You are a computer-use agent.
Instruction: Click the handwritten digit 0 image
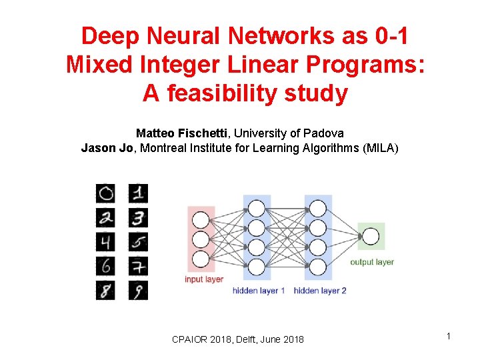[x=105, y=193]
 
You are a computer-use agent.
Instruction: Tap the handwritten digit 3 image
[x=138, y=217]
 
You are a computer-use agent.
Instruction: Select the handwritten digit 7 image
[x=138, y=266]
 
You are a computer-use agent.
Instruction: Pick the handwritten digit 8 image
[x=105, y=290]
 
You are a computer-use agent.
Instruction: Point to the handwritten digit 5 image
[x=138, y=241]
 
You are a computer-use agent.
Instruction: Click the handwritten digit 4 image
[x=105, y=241]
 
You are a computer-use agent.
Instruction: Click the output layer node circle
[x=371, y=237]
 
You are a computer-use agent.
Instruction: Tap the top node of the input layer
[x=200, y=219]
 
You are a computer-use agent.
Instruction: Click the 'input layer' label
[x=204, y=279]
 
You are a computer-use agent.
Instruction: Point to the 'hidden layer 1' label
[x=259, y=291]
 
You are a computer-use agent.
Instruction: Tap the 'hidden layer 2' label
[x=320, y=291]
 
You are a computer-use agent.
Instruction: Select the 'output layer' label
[x=372, y=262]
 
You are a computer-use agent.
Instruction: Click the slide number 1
[x=449, y=336]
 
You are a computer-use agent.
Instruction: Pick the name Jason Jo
[x=107, y=148]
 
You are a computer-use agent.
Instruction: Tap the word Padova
[x=326, y=133]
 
